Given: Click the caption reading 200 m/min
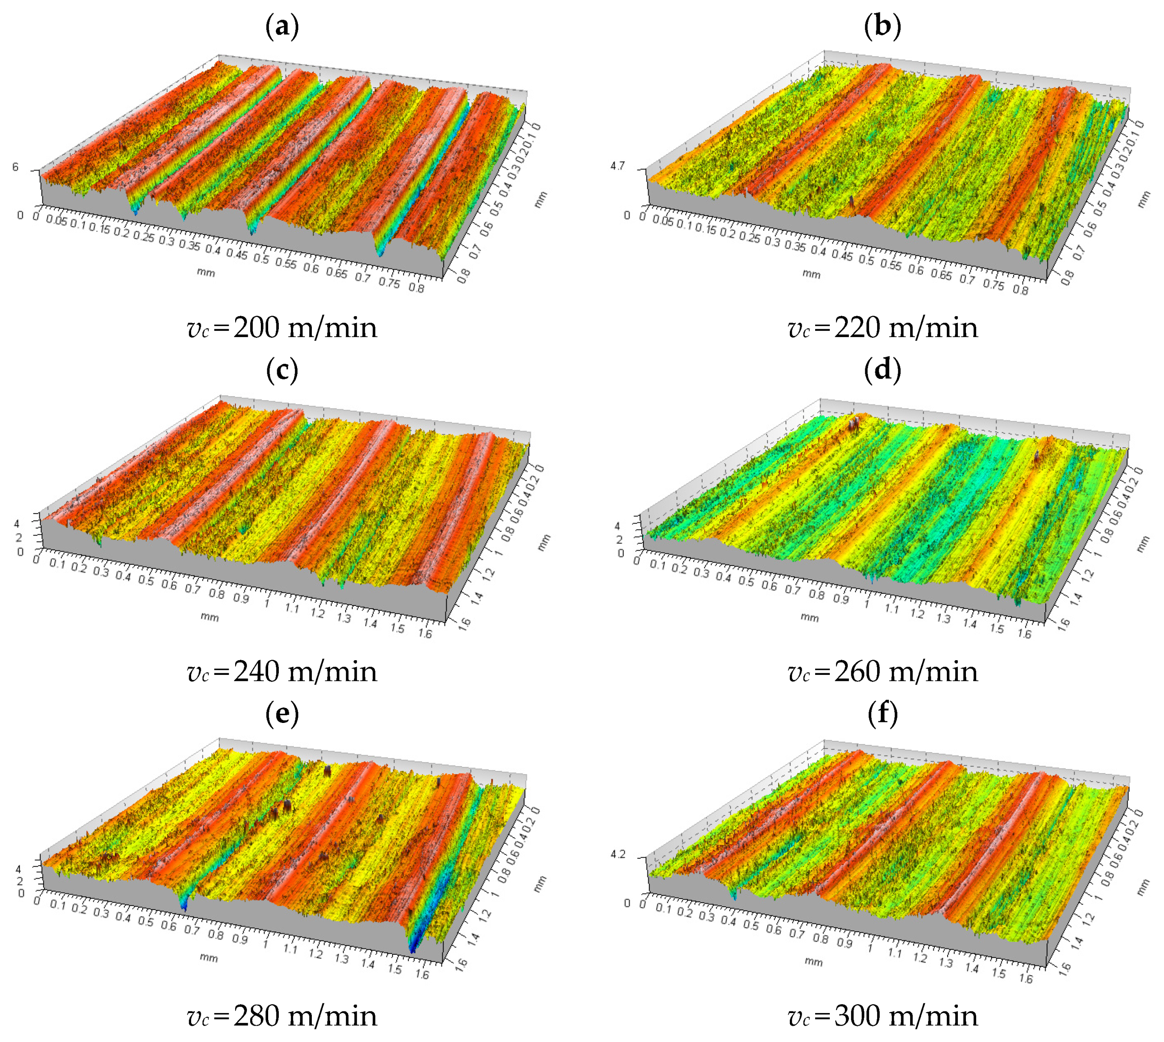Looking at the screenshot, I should click(x=282, y=328).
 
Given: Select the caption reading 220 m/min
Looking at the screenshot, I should click(x=882, y=328).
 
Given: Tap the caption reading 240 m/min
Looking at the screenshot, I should click(x=282, y=672).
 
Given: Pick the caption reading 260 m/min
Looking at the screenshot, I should click(x=882, y=672).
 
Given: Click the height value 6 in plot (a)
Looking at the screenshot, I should click(x=15, y=167).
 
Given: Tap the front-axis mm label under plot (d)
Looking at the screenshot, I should click(x=809, y=617).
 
